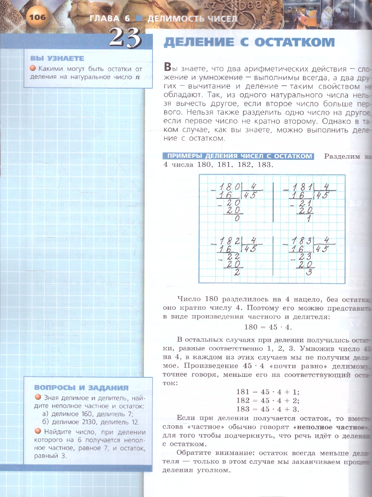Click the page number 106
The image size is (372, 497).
[x=37, y=17]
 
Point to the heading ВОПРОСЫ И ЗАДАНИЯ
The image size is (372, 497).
[x=81, y=388]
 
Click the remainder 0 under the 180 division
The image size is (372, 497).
[x=236, y=220]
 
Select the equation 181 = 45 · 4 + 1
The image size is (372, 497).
[x=268, y=391]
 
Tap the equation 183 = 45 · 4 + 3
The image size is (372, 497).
[x=268, y=409]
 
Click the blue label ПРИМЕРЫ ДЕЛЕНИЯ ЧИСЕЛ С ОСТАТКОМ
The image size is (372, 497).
[x=238, y=156]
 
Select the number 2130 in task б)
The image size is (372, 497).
[x=87, y=422]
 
